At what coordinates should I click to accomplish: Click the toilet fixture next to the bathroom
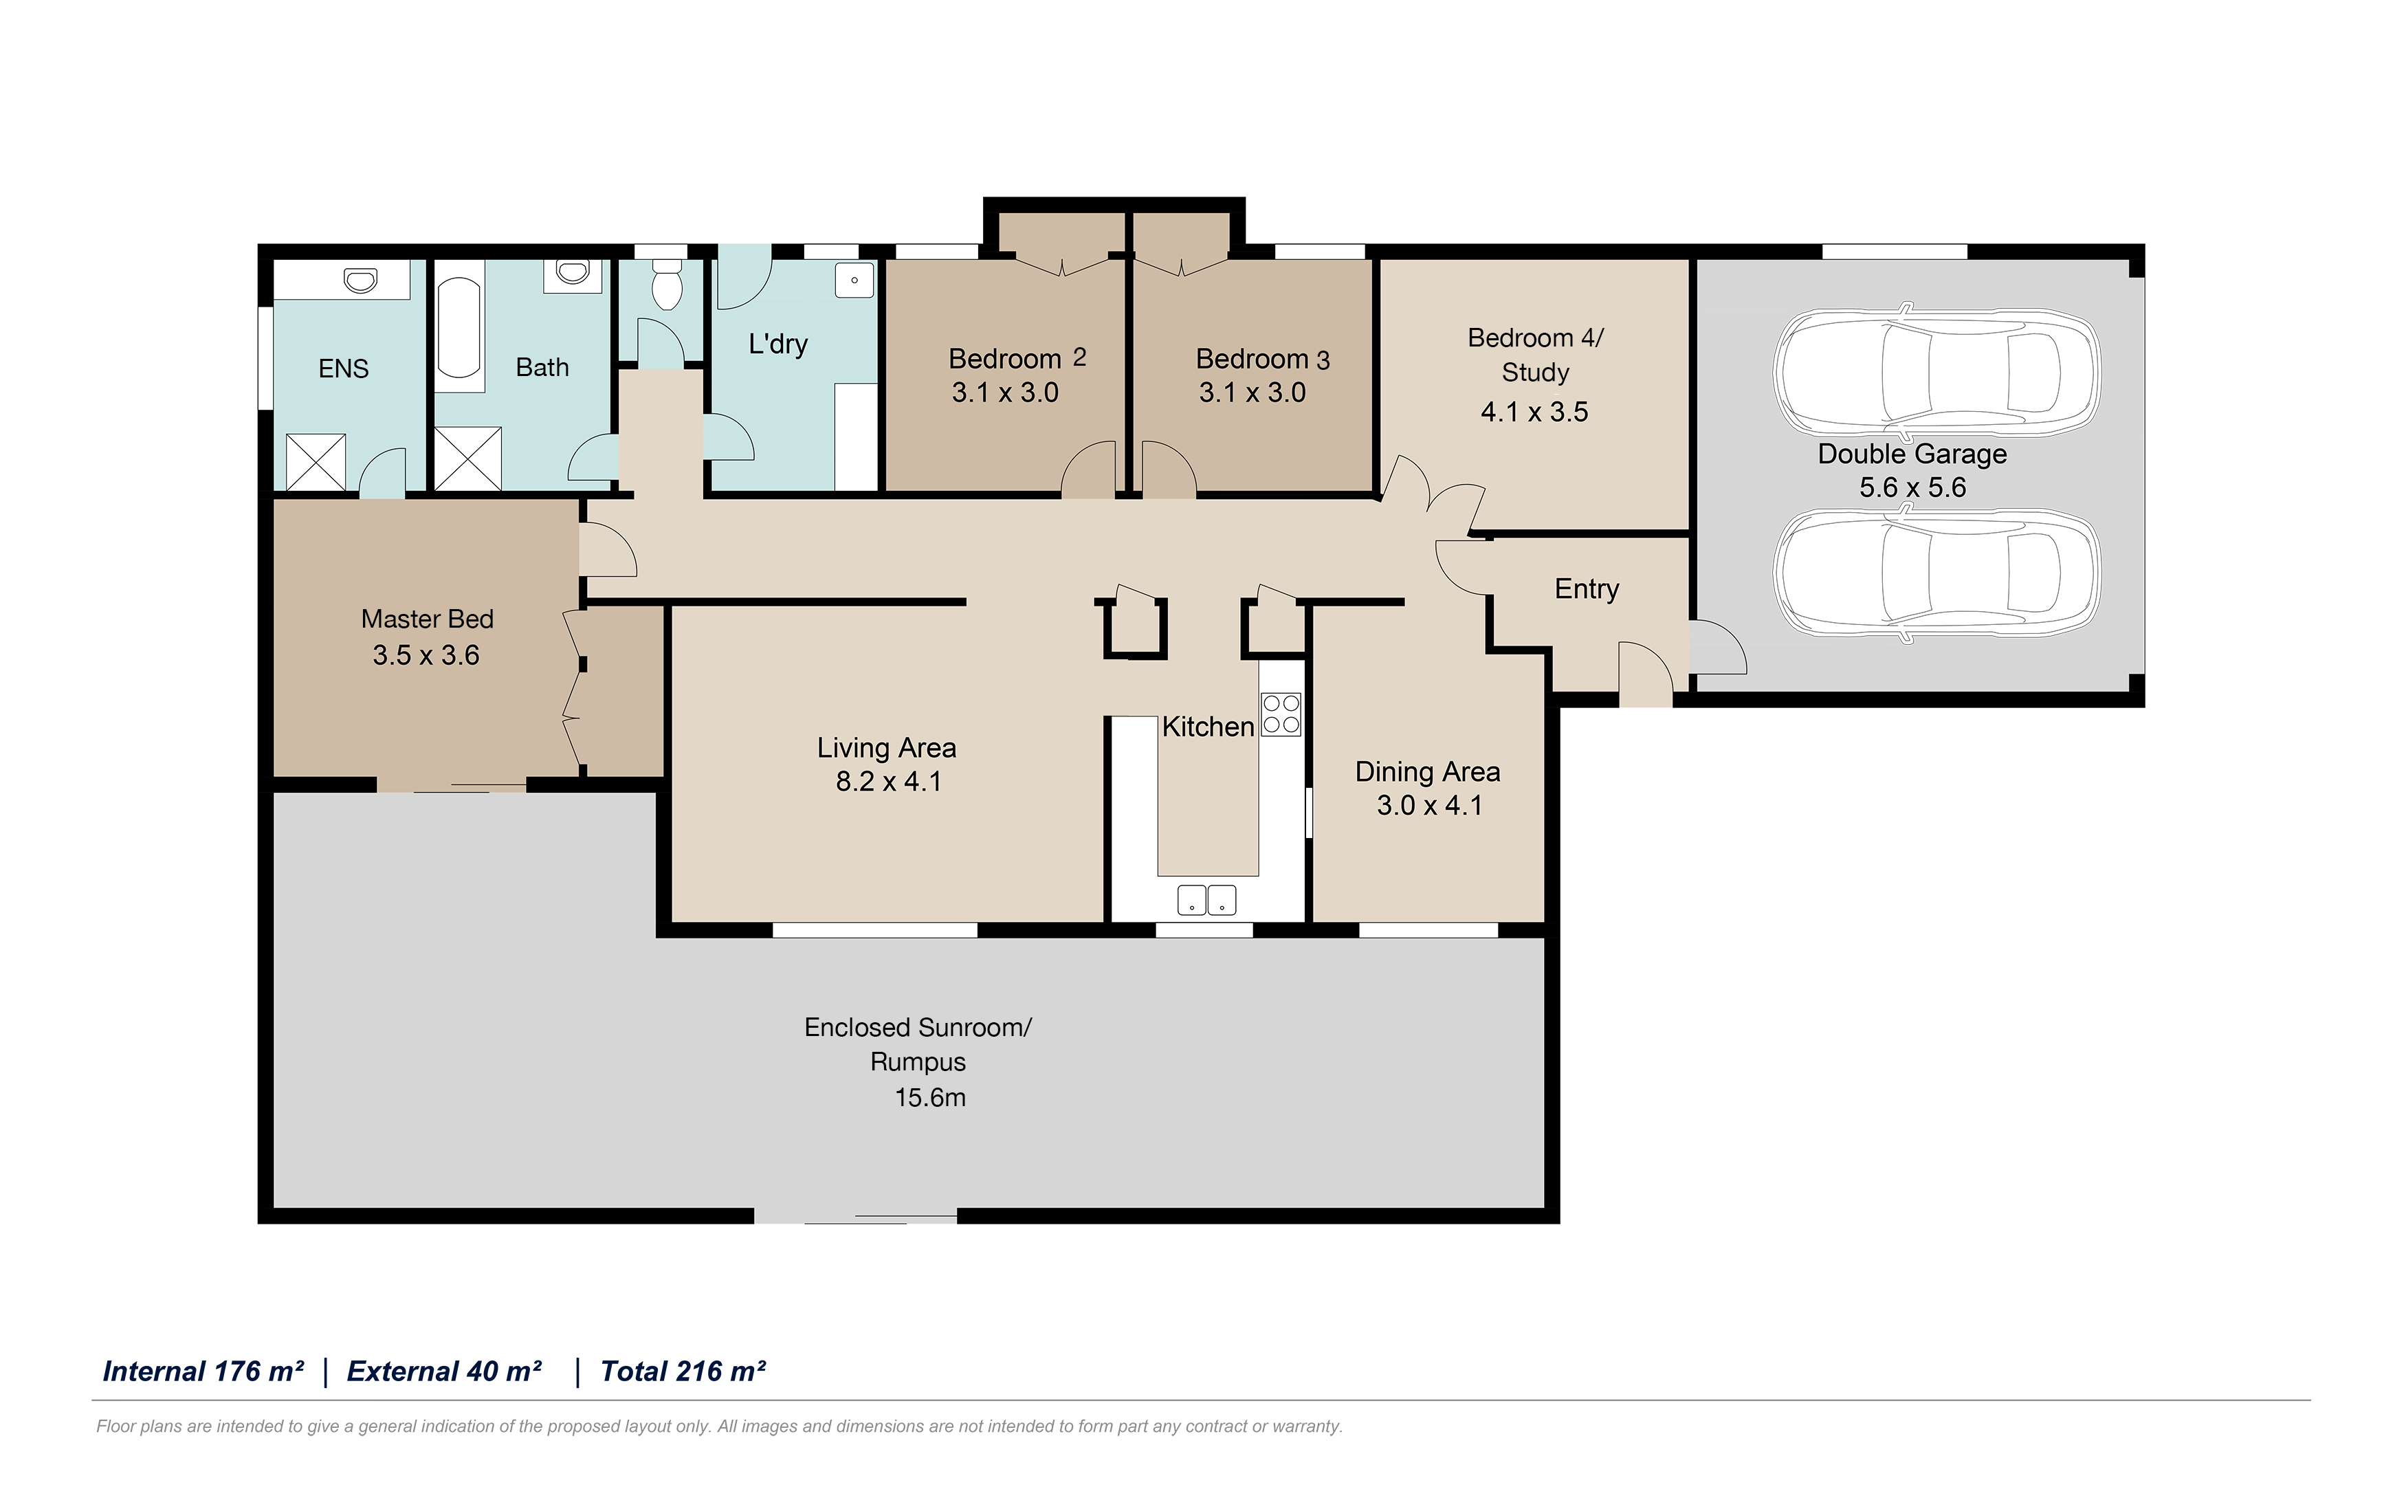(x=665, y=283)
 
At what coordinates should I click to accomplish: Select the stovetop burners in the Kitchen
(x=1281, y=714)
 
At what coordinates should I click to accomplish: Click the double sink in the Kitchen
(x=1206, y=900)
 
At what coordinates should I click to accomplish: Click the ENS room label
(x=343, y=369)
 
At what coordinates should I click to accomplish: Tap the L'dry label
(x=778, y=344)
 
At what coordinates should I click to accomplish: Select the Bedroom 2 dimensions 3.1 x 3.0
(x=1005, y=393)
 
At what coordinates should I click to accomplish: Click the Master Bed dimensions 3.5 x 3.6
(x=426, y=656)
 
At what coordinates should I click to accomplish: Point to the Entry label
(x=1587, y=590)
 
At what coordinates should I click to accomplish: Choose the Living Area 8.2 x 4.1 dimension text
(x=888, y=782)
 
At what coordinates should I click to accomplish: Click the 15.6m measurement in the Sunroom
(x=930, y=1098)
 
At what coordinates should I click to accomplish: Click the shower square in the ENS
(x=316, y=462)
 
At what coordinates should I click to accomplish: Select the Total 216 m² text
(x=683, y=1372)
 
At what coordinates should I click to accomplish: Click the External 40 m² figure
(x=444, y=1372)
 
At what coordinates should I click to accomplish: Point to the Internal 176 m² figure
(x=203, y=1372)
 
